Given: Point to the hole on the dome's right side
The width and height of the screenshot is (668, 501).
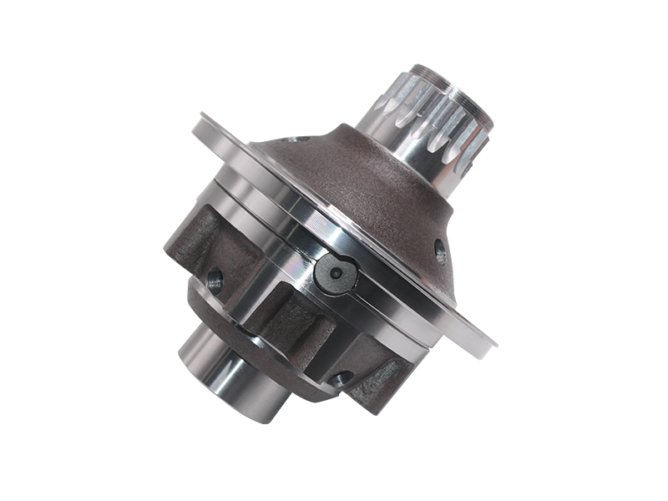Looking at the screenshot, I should click(x=440, y=246).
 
